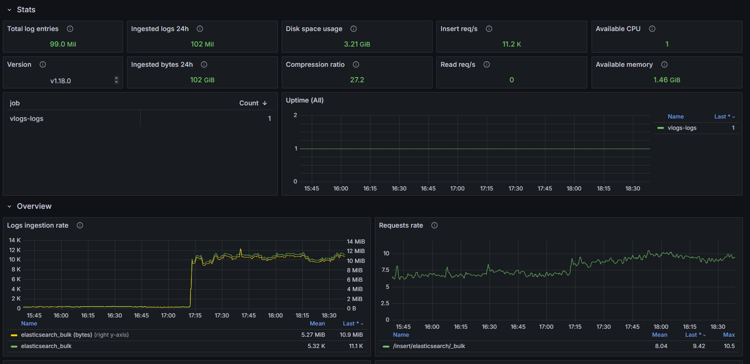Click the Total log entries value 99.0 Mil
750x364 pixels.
63,44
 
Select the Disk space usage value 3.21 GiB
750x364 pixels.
356,44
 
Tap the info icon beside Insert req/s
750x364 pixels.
489,29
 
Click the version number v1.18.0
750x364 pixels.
61,81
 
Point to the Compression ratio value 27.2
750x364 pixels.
357,80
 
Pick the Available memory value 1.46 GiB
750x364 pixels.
666,80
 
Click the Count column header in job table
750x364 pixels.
249,103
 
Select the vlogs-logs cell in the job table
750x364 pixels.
27,119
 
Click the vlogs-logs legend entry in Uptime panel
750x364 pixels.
682,128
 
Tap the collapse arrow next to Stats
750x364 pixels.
9,10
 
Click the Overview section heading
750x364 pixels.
34,206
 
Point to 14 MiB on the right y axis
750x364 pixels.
355,242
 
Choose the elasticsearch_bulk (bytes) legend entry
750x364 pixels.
56,335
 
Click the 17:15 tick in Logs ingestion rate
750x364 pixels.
195,316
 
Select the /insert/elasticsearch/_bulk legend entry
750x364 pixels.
429,346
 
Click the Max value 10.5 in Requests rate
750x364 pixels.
729,346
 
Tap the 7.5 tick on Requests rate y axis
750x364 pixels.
386,270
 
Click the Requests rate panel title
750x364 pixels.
401,226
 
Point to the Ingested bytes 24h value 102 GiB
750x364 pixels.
202,80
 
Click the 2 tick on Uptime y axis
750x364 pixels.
295,115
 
